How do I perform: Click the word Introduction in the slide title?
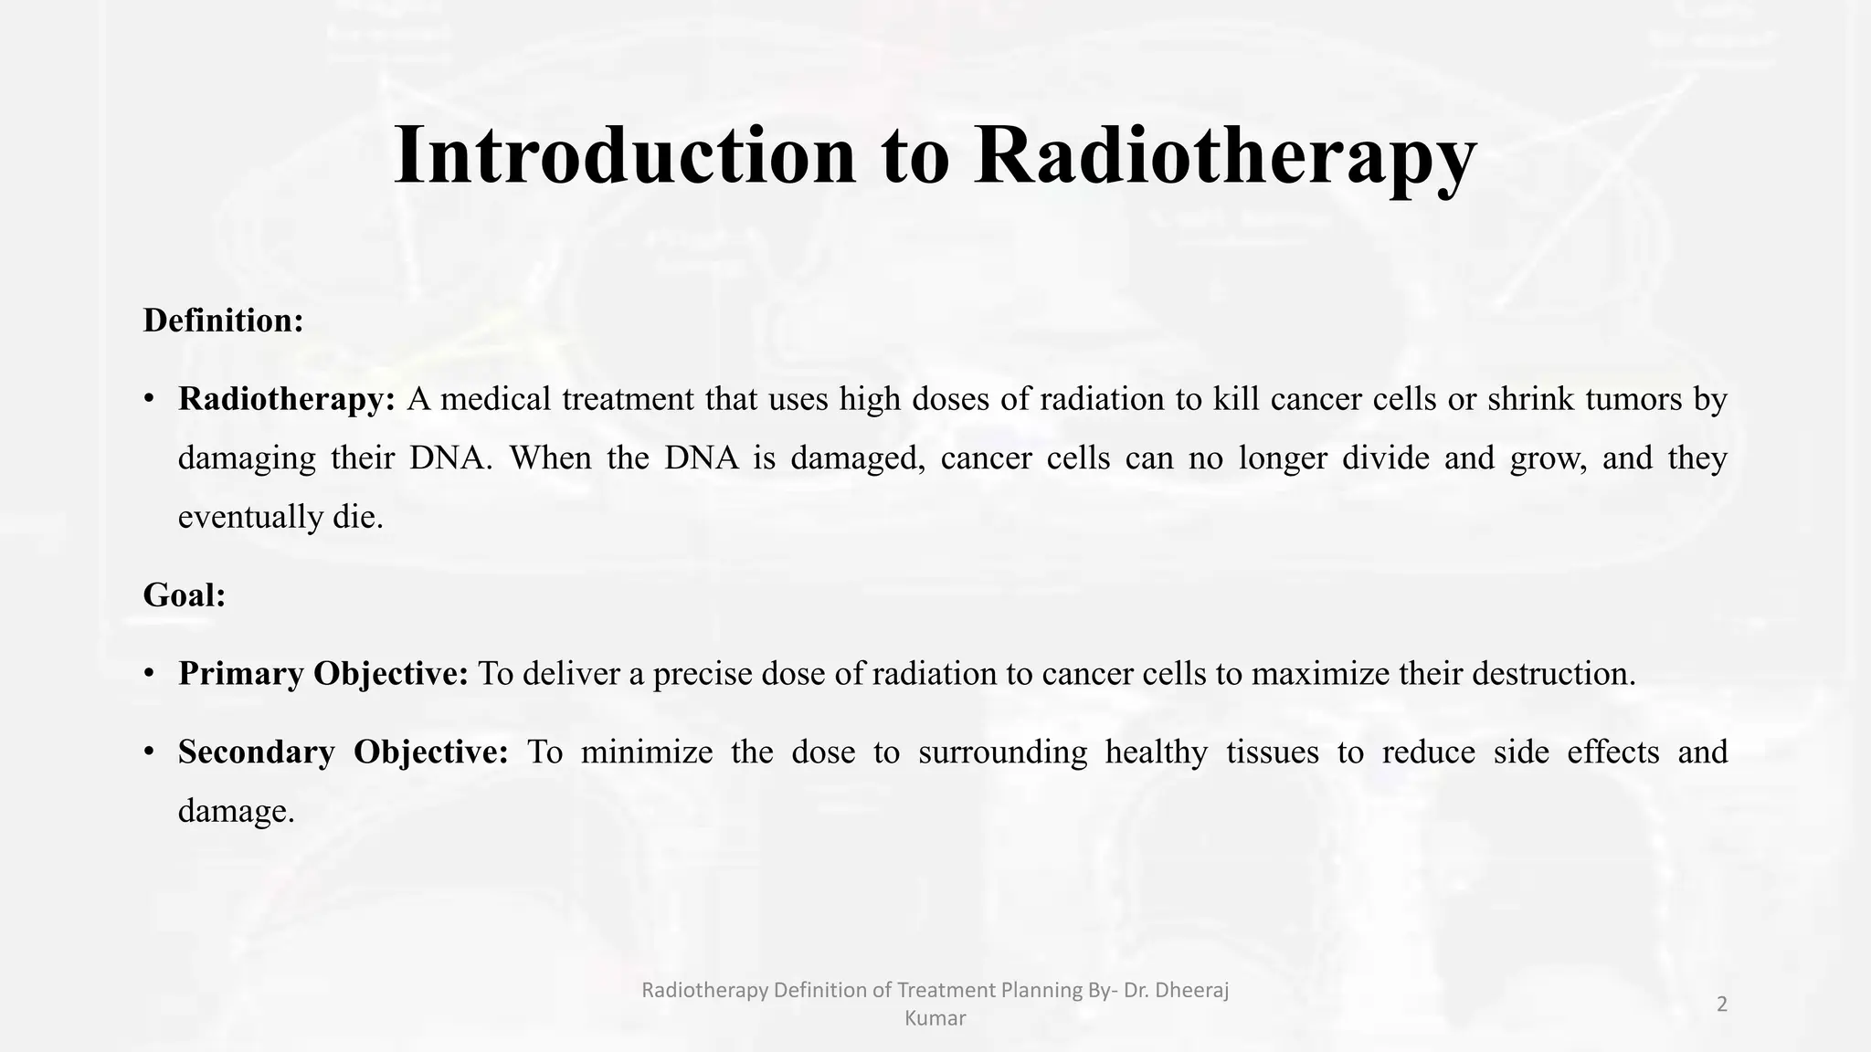625,155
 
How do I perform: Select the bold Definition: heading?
223,321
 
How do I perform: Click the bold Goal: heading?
184,595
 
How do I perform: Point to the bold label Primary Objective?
322,674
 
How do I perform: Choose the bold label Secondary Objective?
343,752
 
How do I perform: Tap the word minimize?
646,752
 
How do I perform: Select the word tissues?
1272,752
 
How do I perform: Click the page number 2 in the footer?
1722,1005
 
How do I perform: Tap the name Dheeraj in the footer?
1191,990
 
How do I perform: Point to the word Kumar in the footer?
935,1018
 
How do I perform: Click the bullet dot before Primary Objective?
149,674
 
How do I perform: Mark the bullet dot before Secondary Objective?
149,752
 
